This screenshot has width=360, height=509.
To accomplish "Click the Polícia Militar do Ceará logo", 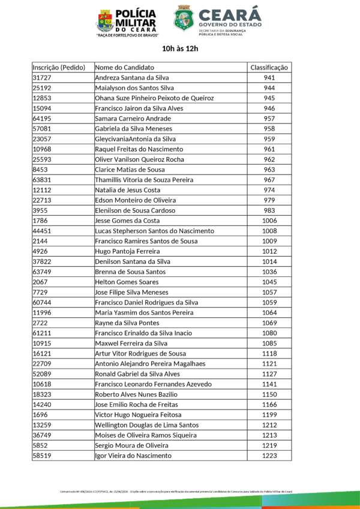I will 105,20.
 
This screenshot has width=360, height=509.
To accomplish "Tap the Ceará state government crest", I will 183,19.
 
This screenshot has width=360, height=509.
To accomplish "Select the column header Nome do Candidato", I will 124,67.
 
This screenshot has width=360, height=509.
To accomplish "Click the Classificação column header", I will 269,67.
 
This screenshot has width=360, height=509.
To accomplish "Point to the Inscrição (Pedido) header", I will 59,67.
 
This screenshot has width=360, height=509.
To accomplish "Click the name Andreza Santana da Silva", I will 132,78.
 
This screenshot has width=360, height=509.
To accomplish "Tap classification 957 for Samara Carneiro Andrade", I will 269,119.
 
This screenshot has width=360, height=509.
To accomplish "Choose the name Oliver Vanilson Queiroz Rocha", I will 140,159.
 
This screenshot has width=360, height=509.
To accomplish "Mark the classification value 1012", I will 269,251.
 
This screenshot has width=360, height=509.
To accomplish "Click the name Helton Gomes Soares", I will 127,282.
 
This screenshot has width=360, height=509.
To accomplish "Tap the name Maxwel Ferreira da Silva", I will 131,344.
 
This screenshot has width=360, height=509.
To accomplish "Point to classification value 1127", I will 269,374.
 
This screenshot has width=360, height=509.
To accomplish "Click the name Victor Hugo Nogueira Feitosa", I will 139,415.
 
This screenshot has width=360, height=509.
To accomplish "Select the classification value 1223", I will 269,456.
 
